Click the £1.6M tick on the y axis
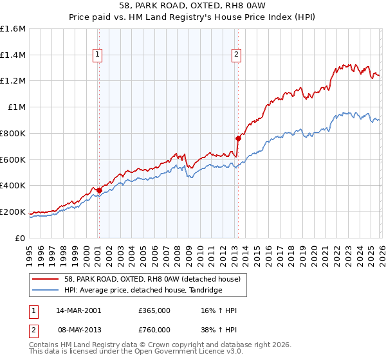pyautogui.click(x=13, y=29)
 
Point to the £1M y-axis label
pyautogui.click(x=17, y=107)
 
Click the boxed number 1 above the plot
pyautogui.click(x=97, y=55)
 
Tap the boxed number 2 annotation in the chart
pyautogui.click(x=237, y=55)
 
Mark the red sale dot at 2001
pyautogui.click(x=99, y=190)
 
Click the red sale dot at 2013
pyautogui.click(x=238, y=138)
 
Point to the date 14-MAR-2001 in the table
pyautogui.click(x=78, y=310)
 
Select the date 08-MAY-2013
pyautogui.click(x=78, y=329)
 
